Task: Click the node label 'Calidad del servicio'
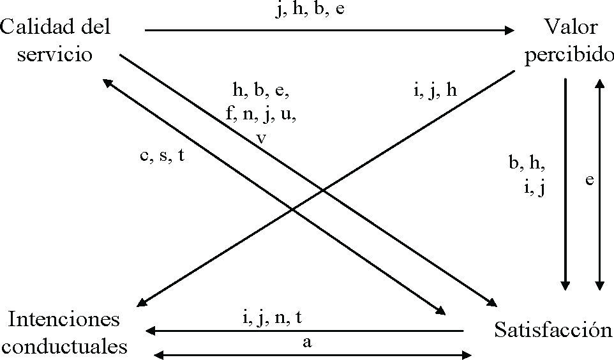(55, 41)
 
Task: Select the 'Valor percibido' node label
(569, 41)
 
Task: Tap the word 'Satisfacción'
(553, 331)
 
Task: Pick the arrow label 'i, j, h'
(434, 91)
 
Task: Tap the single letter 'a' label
(307, 343)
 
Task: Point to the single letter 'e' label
(590, 181)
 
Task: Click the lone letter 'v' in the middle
(261, 139)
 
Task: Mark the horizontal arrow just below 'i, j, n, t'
(305, 331)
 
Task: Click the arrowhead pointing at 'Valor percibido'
(509, 29)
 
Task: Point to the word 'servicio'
(55, 54)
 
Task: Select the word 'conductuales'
(70, 347)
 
